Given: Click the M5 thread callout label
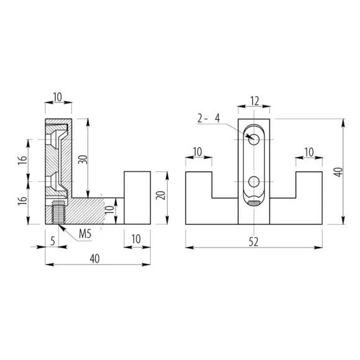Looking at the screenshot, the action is [85, 234].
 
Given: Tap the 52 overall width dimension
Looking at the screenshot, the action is [253, 241].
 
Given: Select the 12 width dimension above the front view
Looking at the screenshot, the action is [254, 101].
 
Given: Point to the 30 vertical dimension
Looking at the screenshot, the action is [84, 160].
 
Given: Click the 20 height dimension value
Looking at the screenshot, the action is [161, 195].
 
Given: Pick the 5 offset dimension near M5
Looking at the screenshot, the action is [53, 241].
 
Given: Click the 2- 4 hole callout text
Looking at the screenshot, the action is [209, 118].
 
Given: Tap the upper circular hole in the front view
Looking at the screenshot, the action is [254, 140].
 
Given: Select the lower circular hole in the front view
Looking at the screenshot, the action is [254, 182].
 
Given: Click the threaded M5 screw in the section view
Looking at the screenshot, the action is [58, 212].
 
